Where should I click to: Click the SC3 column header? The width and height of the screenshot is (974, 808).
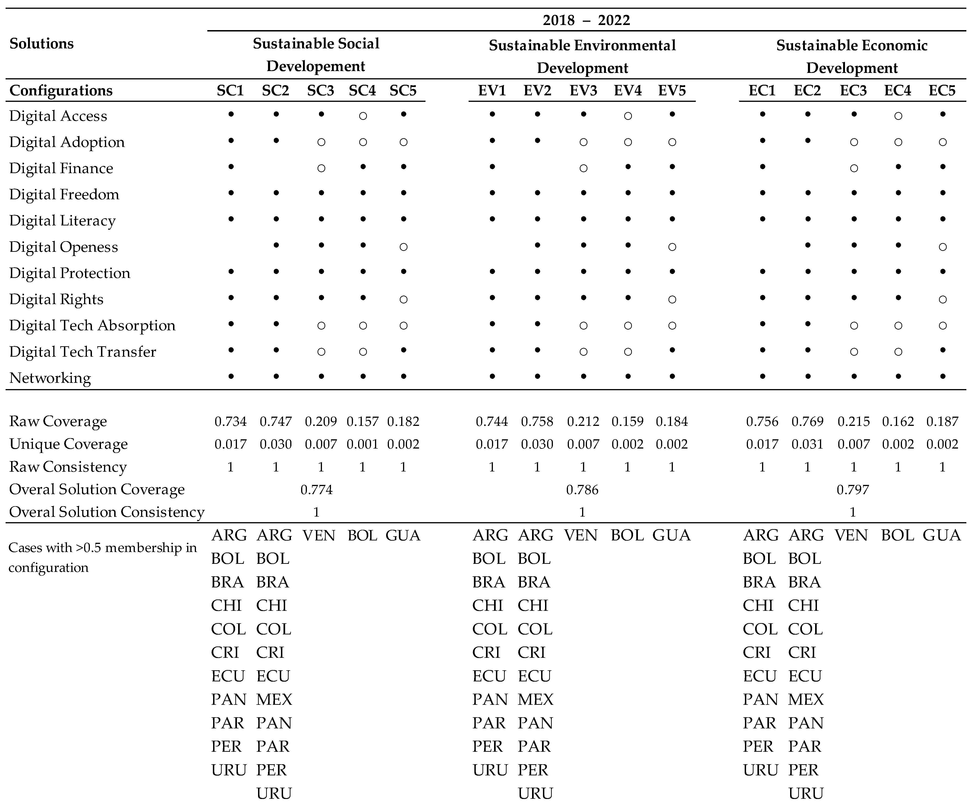click(321, 90)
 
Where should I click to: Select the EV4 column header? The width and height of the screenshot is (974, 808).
click(627, 90)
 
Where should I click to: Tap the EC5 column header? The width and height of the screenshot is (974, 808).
click(942, 90)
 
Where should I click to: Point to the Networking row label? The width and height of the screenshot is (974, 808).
click(50, 378)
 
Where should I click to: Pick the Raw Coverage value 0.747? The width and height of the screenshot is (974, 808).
click(275, 421)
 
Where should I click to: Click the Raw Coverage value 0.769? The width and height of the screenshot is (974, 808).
click(807, 421)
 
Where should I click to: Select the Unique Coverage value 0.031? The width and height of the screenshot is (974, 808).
click(807, 444)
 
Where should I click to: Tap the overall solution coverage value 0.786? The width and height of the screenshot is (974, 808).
click(582, 490)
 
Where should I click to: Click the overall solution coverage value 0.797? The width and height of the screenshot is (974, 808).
click(852, 490)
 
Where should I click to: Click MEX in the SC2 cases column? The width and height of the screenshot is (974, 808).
click(274, 699)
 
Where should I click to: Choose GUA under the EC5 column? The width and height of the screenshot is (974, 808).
click(942, 535)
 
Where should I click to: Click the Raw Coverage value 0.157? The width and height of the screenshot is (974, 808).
click(362, 421)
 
